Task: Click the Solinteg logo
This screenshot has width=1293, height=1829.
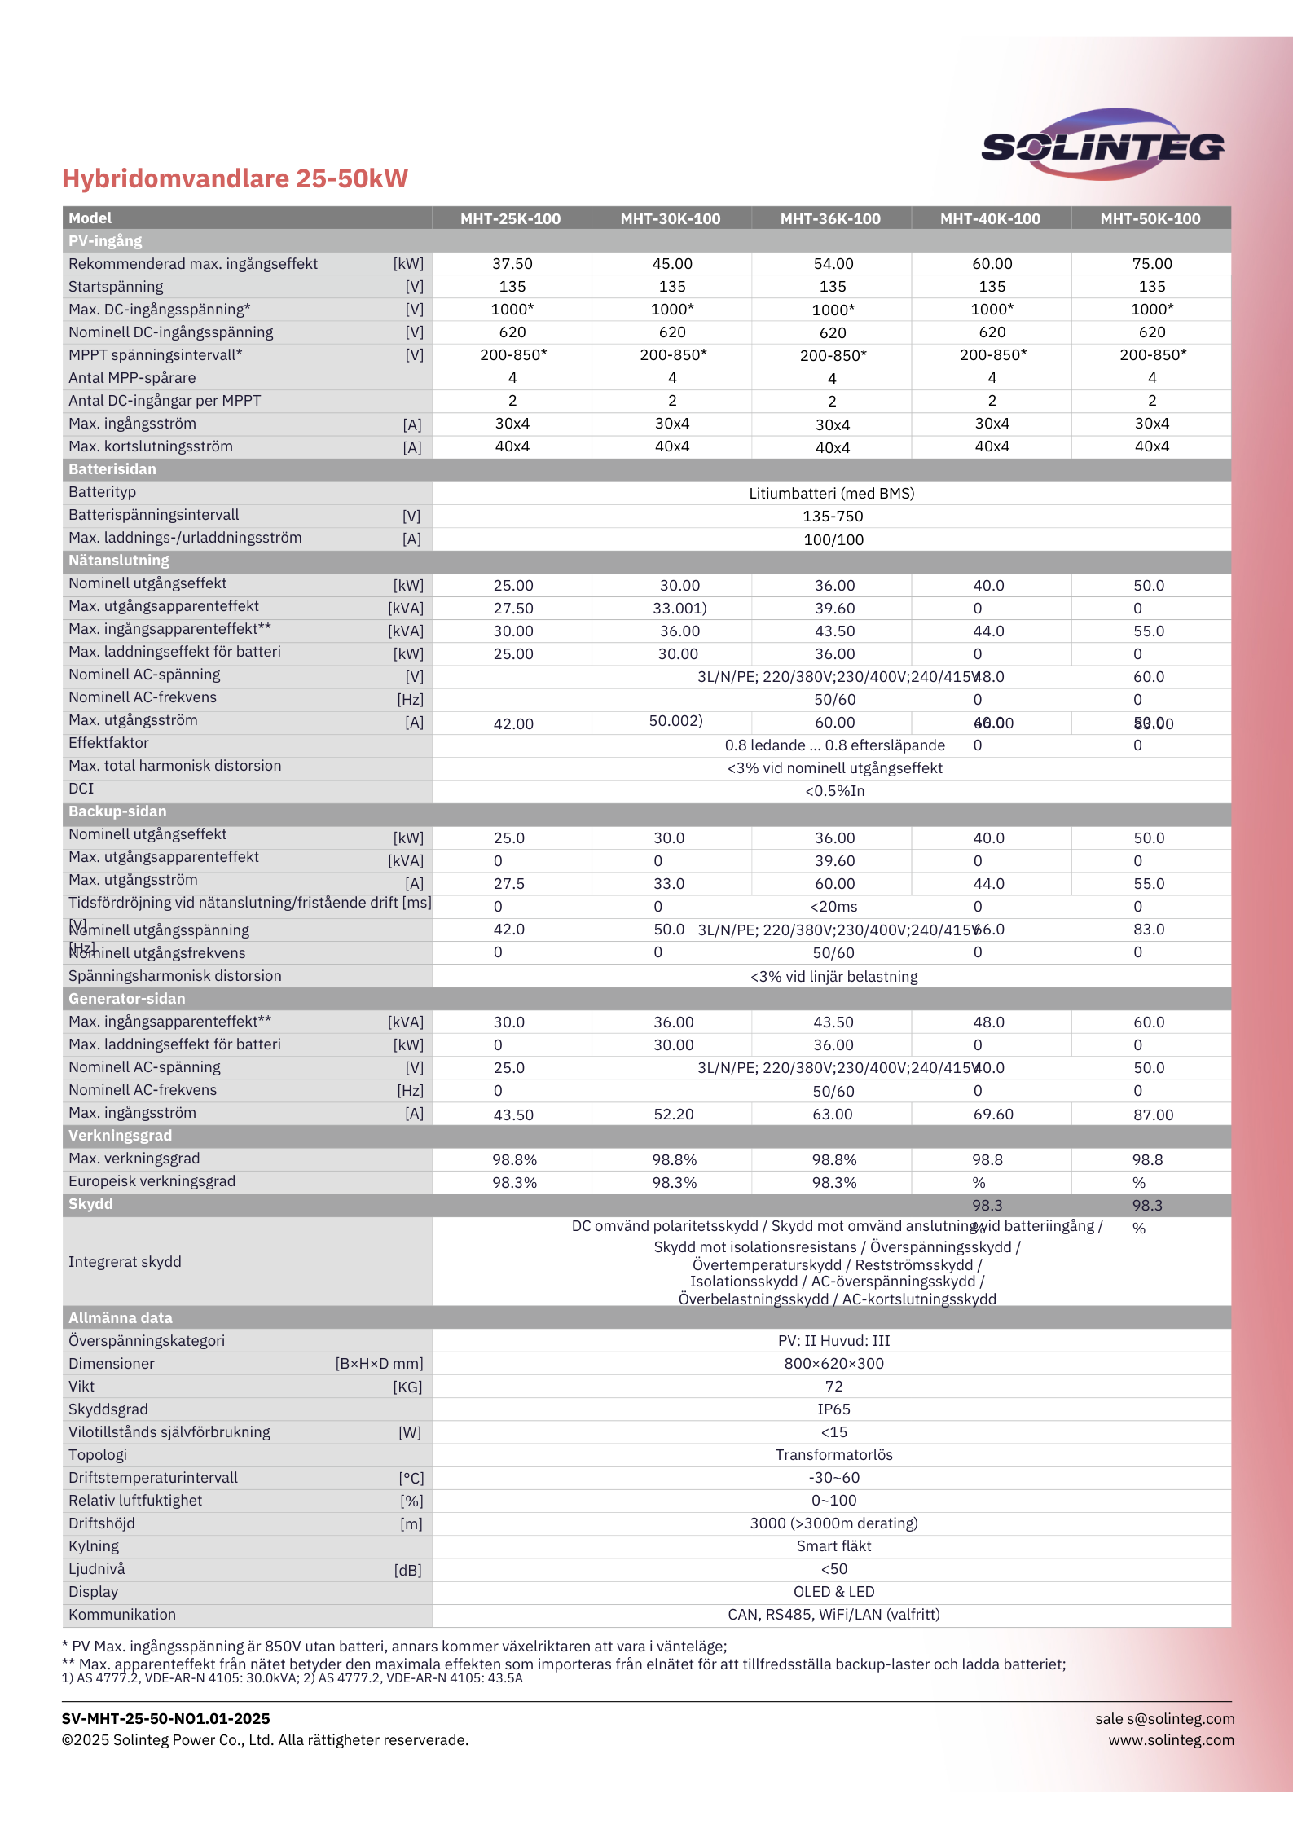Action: (1102, 145)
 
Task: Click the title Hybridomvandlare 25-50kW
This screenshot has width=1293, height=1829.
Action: (235, 178)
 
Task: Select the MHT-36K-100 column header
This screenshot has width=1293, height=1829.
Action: (830, 218)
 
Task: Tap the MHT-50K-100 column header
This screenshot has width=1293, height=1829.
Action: (1150, 218)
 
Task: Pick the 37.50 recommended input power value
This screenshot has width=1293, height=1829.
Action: (512, 264)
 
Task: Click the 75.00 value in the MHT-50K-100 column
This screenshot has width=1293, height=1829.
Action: (1151, 264)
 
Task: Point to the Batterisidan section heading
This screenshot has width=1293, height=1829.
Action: (112, 469)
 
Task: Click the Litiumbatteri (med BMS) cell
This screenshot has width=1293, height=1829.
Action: (831, 494)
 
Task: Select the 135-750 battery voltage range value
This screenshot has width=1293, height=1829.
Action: (833, 517)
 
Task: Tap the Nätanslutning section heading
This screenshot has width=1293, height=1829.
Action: (119, 561)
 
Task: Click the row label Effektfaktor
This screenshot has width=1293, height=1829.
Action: (108, 743)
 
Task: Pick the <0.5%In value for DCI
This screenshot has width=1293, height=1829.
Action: (834, 791)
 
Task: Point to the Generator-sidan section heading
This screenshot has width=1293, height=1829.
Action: (126, 999)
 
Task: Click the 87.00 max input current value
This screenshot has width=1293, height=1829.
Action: (1153, 1115)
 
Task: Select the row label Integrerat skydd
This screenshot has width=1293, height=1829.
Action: (125, 1262)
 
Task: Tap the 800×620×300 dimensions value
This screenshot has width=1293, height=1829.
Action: (833, 1364)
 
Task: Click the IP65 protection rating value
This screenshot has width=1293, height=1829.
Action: (833, 1409)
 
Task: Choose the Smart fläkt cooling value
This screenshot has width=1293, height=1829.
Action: (833, 1546)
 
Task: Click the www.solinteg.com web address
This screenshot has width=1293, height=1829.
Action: (1171, 1740)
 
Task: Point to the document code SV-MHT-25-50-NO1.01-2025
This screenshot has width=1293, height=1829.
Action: (166, 1719)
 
